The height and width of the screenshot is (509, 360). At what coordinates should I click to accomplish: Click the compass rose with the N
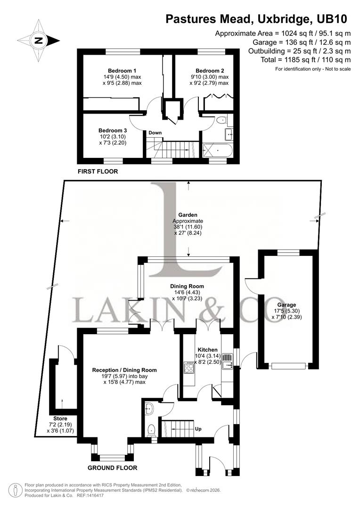(x=39, y=41)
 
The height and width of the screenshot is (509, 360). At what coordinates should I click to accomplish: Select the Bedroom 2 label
(x=210, y=71)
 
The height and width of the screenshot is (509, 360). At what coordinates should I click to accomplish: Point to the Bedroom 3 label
(x=113, y=131)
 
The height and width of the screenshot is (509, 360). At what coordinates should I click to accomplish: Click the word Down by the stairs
(x=155, y=133)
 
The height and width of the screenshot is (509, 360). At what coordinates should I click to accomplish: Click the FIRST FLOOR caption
(x=98, y=172)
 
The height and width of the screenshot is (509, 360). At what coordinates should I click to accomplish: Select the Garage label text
(x=286, y=305)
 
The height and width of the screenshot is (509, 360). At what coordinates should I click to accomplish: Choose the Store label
(x=60, y=419)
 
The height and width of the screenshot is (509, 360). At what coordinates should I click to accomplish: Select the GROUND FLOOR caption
(x=112, y=468)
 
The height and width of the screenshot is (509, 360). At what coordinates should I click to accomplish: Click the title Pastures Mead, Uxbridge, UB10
(x=256, y=19)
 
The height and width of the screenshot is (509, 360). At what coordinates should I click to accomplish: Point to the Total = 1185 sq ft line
(x=305, y=60)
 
